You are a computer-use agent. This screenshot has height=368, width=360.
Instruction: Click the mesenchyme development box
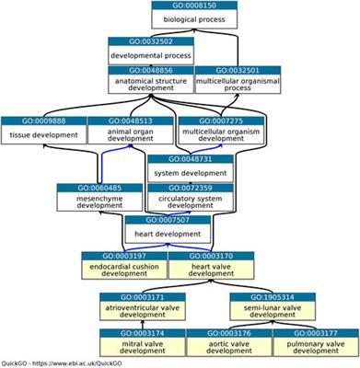tap(87, 201)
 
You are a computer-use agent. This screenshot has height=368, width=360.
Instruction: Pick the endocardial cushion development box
tap(123, 267)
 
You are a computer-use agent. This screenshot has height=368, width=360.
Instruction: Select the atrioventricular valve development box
tap(150, 307)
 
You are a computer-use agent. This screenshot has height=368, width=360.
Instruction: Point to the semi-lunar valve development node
tap(275, 307)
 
